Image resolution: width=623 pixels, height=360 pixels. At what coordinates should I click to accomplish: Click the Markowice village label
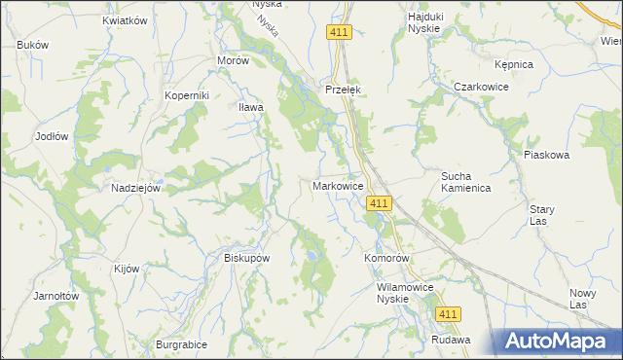coord(338,185)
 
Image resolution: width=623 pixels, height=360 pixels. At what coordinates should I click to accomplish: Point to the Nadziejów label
coord(135,188)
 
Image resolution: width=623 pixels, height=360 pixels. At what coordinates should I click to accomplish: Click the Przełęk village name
coord(344,89)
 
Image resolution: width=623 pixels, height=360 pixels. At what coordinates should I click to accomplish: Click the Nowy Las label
coord(582,299)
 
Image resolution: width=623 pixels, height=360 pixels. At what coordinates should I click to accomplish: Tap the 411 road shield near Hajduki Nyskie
coord(338,33)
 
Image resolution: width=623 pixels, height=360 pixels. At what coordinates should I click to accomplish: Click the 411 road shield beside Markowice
coord(380,202)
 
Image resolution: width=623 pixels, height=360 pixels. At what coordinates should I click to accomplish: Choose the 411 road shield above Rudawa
coord(448,313)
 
